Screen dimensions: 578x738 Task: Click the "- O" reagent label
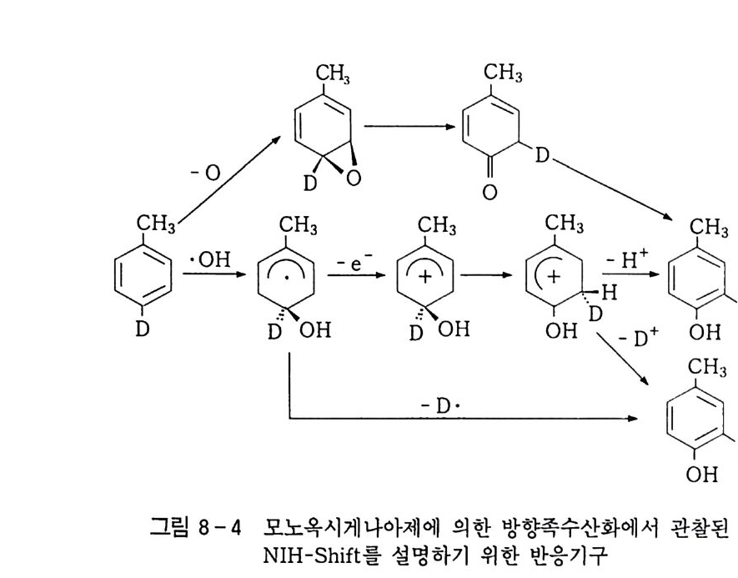[205, 173]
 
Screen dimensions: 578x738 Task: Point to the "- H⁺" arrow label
[625, 260]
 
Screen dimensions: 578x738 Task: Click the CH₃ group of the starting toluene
[154, 224]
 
